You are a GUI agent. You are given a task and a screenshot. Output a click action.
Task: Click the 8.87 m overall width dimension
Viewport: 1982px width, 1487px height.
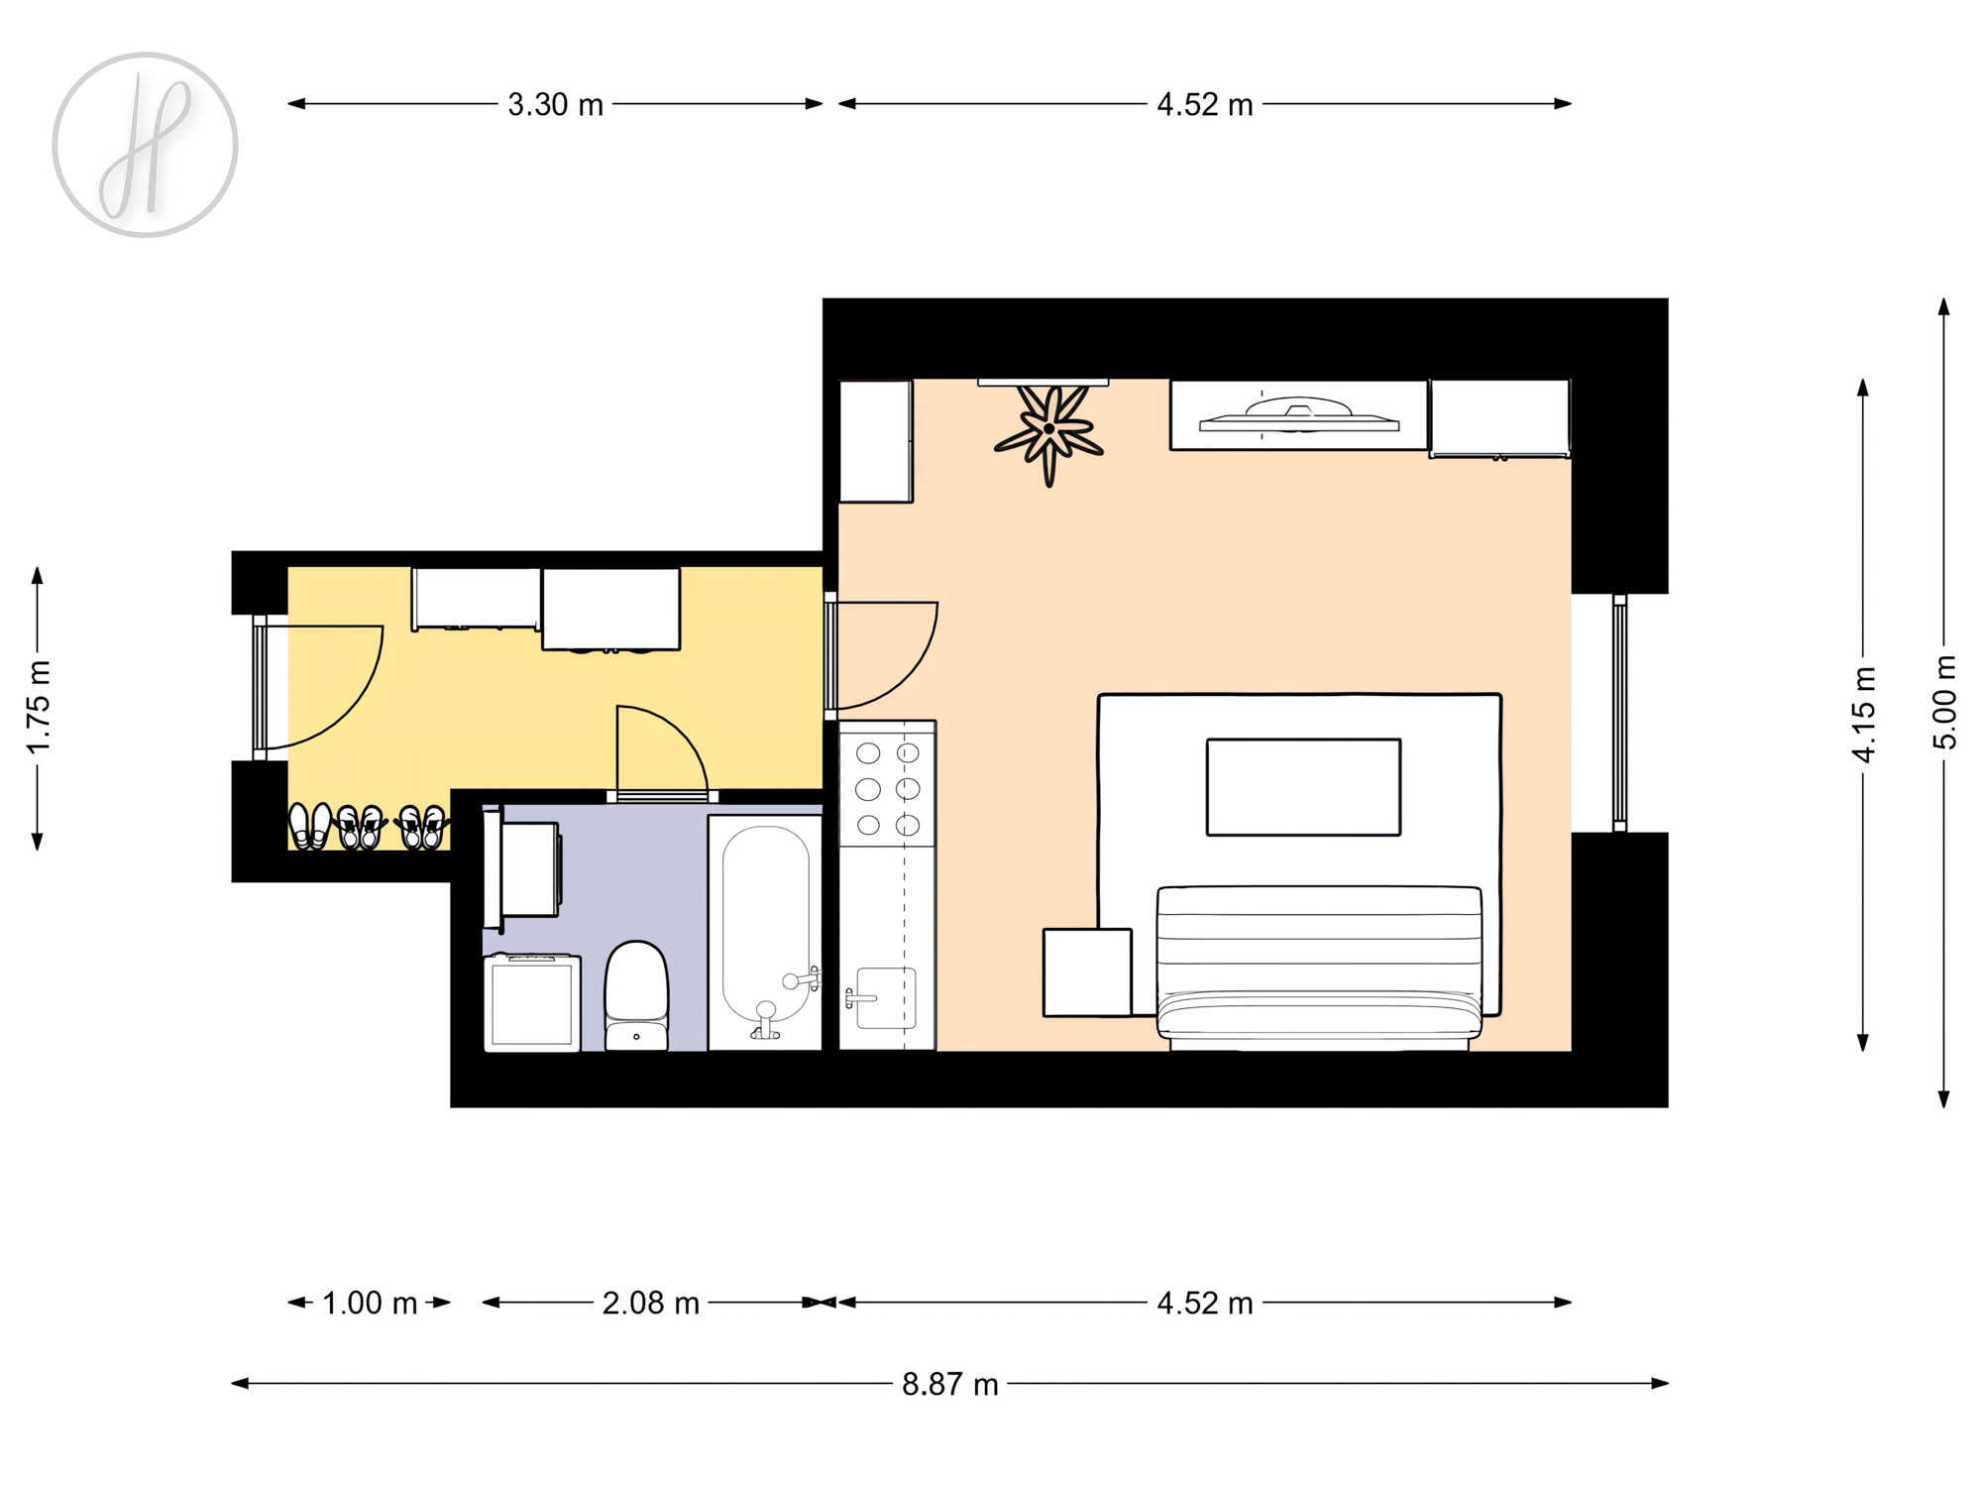pos(949,1384)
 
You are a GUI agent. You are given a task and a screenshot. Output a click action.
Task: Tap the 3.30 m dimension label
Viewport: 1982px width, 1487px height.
pos(555,104)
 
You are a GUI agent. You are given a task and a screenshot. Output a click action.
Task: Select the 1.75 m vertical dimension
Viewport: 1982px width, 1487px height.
pos(38,708)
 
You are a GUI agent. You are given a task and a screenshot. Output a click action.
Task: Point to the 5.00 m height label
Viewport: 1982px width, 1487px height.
pos(1944,702)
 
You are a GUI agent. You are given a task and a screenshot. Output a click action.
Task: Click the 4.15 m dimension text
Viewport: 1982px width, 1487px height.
pos(1863,715)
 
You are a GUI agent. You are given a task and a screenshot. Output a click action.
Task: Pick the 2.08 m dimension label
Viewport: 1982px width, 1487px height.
pos(650,1303)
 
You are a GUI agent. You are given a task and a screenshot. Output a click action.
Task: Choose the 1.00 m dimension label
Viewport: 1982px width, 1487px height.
pos(370,1303)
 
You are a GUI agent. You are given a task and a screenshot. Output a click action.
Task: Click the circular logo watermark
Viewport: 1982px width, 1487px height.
pos(145,145)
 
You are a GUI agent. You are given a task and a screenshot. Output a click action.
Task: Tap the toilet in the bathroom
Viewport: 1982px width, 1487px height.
pos(636,996)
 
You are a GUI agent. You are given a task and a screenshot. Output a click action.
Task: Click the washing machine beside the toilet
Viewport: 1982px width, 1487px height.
pos(532,1001)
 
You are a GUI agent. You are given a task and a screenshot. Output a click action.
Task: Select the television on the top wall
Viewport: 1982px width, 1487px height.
pos(1298,416)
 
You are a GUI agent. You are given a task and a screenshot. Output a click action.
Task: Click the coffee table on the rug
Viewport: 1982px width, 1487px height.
pos(1303,787)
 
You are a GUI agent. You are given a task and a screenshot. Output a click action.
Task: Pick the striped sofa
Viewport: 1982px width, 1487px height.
pos(1319,968)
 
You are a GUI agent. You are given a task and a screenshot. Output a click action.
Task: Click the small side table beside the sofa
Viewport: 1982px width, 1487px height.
pos(1087,972)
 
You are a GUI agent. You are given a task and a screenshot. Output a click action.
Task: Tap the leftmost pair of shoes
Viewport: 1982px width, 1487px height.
pos(310,826)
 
